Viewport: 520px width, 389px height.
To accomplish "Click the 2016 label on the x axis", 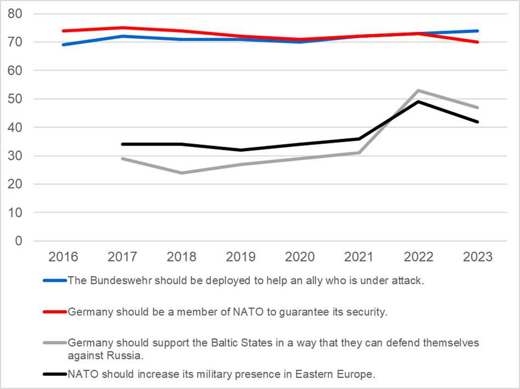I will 64,257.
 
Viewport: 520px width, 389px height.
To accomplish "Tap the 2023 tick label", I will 477,257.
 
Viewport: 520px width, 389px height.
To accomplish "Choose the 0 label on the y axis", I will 21,241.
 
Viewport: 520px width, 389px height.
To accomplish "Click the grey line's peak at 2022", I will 418,90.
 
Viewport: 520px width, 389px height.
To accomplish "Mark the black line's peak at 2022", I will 418,102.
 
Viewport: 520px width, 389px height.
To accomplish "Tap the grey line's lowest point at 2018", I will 181,173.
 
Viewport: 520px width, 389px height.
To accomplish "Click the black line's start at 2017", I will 123,144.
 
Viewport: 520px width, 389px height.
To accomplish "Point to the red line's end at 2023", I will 478,42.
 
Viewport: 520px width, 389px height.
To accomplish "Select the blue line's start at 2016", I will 64,45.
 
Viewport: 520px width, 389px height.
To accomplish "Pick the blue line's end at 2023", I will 478,31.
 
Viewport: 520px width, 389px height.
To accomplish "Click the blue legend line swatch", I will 55,281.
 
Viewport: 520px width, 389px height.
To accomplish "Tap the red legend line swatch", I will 55,312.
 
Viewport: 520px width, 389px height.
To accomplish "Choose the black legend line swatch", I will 55,375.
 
